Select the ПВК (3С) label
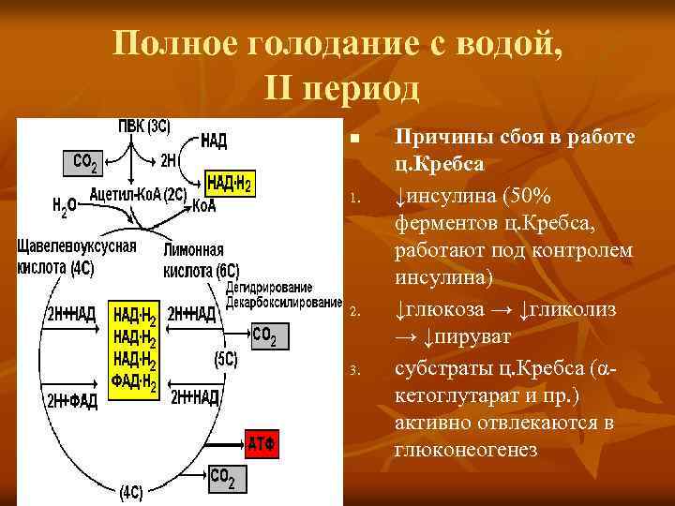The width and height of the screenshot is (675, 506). tap(143, 126)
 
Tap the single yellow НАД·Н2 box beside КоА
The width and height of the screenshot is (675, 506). tap(229, 183)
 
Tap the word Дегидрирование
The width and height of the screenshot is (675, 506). tap(276, 288)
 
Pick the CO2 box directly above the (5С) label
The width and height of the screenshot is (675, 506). tap(265, 335)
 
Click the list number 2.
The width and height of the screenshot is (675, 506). tap(354, 311)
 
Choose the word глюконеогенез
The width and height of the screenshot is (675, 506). tap(466, 450)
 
